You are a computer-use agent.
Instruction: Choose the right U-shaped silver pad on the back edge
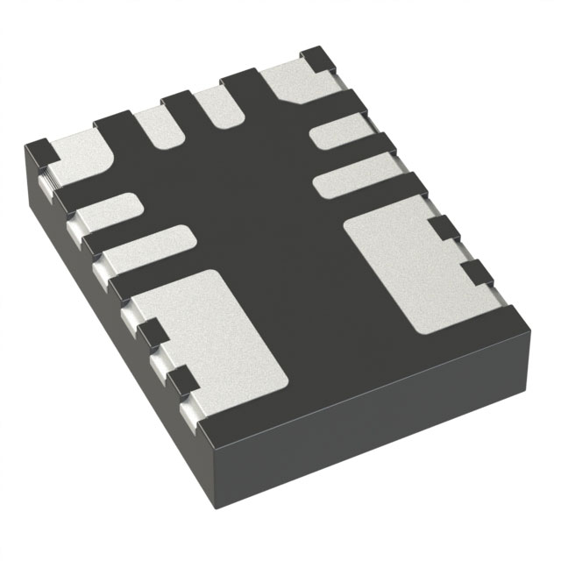(x=215, y=110)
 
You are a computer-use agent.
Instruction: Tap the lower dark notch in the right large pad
(x=473, y=273)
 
